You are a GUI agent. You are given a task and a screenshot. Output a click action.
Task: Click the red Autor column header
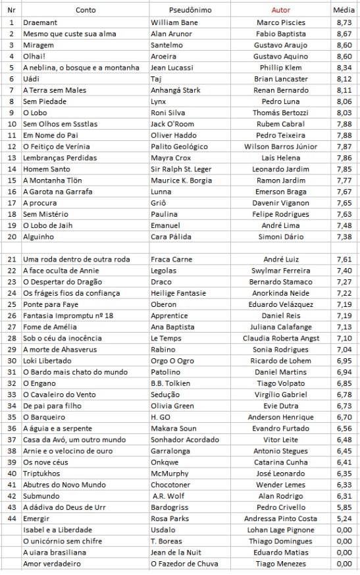tap(281, 10)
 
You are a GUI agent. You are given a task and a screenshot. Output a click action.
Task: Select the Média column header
tap(344, 10)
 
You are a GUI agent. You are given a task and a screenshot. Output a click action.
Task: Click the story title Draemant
tap(41, 22)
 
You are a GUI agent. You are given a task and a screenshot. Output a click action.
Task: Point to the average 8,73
tap(344, 22)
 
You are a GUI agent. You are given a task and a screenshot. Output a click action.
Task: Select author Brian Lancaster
tap(281, 78)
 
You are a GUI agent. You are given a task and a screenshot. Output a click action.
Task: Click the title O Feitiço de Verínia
tap(57, 146)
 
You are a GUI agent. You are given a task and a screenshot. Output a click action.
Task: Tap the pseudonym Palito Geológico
tap(179, 146)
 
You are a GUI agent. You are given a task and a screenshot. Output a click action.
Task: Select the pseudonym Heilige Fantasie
tap(179, 293)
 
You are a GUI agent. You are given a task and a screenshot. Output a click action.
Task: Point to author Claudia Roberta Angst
tap(281, 339)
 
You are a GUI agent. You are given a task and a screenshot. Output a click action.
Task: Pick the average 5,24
tap(344, 519)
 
